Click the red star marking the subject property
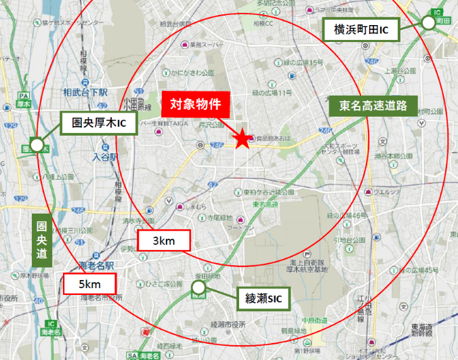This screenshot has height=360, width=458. (241, 138)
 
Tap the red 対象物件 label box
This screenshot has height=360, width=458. (196, 104)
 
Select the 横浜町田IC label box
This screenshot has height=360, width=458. (360, 30)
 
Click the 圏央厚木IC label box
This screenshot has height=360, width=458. (99, 123)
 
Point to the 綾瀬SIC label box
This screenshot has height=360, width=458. (264, 298)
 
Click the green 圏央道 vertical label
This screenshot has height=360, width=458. (41, 242)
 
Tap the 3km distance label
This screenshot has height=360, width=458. (163, 241)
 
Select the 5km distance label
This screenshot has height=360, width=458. (90, 283)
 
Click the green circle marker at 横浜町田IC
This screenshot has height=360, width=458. (428, 22)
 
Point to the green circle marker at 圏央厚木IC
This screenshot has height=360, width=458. (37, 144)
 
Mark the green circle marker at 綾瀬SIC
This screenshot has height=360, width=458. (198, 287)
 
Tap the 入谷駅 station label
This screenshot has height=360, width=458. (105, 157)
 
